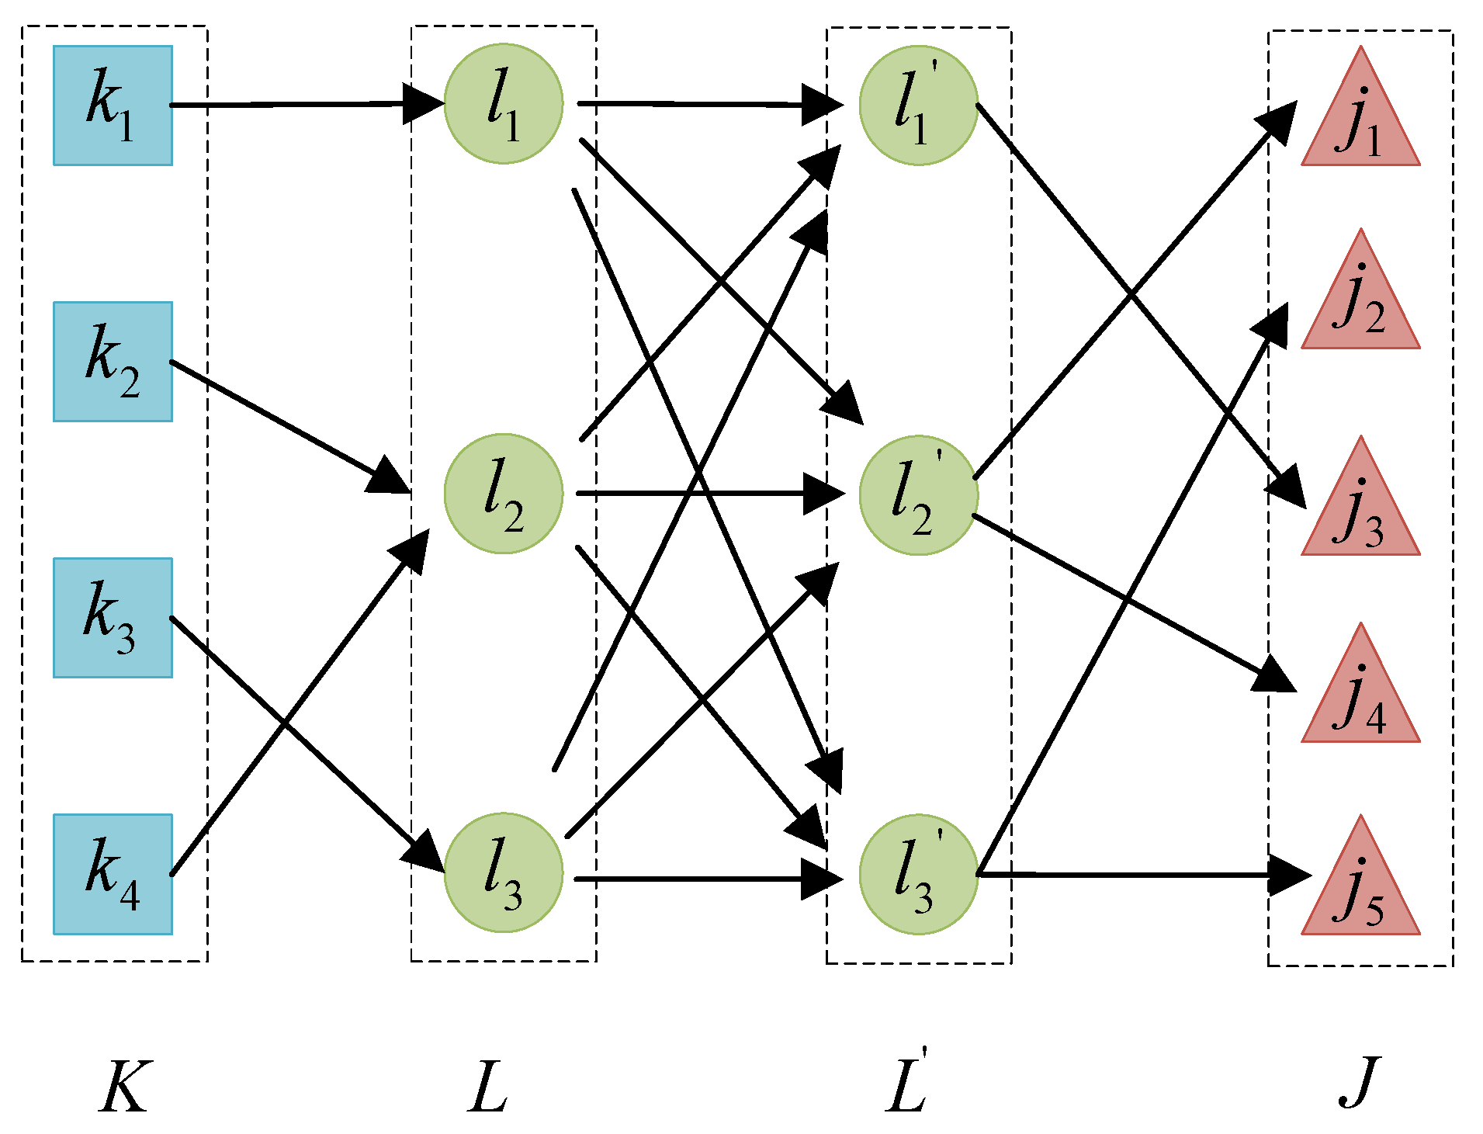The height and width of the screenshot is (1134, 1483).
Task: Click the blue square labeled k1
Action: (x=113, y=106)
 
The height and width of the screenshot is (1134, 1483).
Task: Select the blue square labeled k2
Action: (x=113, y=362)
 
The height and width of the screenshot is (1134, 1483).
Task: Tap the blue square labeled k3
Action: (x=113, y=618)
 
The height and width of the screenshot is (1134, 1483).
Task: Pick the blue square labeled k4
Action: (x=113, y=874)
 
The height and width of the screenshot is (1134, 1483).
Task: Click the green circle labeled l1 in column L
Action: (x=503, y=104)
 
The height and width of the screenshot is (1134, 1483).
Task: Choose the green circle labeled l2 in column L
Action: (x=503, y=494)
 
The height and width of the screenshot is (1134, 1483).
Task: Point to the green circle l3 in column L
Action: (x=503, y=873)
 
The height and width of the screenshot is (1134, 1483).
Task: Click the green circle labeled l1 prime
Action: (x=918, y=106)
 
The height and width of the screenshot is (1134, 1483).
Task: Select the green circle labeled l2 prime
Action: (x=918, y=495)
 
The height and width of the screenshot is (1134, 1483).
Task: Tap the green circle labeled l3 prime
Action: (x=918, y=875)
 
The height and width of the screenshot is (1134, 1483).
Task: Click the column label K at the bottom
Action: (x=124, y=1087)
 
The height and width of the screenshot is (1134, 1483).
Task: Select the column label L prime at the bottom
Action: (x=906, y=1083)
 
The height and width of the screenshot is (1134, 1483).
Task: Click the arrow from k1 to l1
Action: (x=303, y=104)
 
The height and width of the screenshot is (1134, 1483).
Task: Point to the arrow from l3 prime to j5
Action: (x=1133, y=875)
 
